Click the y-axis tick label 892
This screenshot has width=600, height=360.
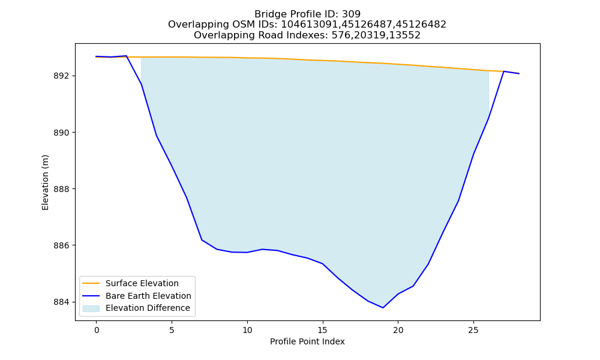point(62,76)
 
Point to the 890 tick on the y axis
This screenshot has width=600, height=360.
point(62,133)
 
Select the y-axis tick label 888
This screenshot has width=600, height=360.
point(62,189)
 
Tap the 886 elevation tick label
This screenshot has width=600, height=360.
point(62,245)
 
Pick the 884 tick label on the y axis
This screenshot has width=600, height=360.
point(62,302)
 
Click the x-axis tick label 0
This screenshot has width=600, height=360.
point(97,330)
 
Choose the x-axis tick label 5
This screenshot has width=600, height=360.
point(172,330)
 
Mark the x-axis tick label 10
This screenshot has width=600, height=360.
point(247,330)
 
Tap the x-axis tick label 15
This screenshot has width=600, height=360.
point(323,330)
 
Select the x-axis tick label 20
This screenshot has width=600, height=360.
point(398,330)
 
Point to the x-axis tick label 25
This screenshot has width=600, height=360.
point(473,330)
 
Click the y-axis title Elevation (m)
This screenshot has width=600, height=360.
point(45,182)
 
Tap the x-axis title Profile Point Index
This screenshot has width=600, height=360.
point(307,341)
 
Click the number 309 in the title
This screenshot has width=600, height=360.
point(351,14)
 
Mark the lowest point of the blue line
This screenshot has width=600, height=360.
point(383,308)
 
